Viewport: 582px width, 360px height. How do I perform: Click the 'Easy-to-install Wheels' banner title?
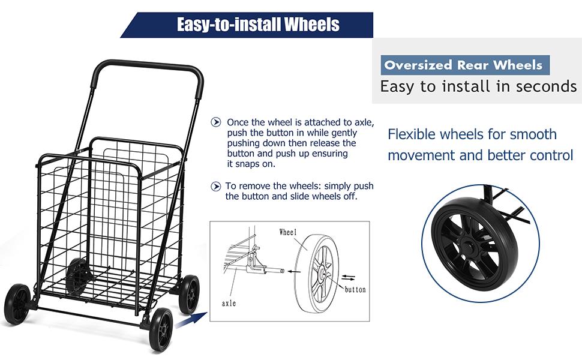tap(258, 25)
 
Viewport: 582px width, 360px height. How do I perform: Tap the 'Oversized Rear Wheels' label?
tap(463, 65)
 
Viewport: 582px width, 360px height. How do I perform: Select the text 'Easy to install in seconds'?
tap(478, 86)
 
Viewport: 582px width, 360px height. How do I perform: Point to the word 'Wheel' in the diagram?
tap(288, 232)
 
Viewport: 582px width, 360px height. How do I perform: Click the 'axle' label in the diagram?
tap(229, 303)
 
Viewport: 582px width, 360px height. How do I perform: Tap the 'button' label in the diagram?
tap(355, 290)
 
